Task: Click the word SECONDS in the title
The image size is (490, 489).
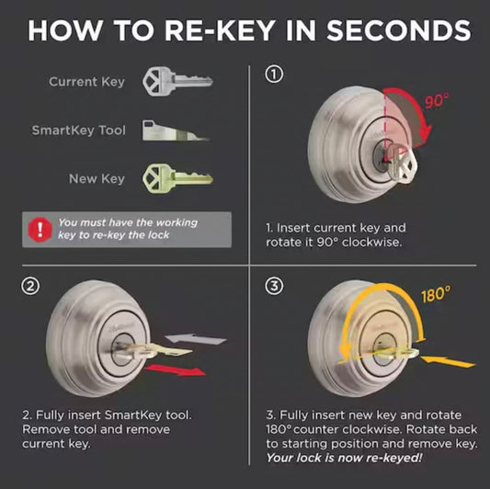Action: click(399, 30)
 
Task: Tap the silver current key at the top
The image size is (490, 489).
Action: click(177, 81)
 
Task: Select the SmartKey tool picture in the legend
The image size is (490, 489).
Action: click(176, 130)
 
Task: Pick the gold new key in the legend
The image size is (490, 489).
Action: click(177, 178)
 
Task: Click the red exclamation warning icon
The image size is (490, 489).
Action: click(40, 230)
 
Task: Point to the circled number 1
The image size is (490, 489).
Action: click(274, 74)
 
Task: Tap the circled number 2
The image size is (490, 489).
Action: click(30, 286)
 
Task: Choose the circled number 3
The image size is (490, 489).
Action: click(274, 286)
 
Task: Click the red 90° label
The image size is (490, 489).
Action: click(437, 100)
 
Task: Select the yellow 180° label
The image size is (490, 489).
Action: click(437, 294)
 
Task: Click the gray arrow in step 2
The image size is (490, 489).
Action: click(196, 339)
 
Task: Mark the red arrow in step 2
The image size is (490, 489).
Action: click(176, 370)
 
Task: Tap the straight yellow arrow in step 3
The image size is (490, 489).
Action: click(448, 361)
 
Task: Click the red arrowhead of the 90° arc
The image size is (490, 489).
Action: click(425, 133)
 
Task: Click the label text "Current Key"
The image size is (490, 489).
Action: click(86, 82)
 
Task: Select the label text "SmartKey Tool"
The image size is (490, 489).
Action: click(79, 131)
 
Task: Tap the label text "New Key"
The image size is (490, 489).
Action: click(97, 179)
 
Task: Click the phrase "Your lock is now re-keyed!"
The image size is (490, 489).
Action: click(344, 458)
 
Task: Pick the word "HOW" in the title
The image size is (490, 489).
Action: click(65, 30)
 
